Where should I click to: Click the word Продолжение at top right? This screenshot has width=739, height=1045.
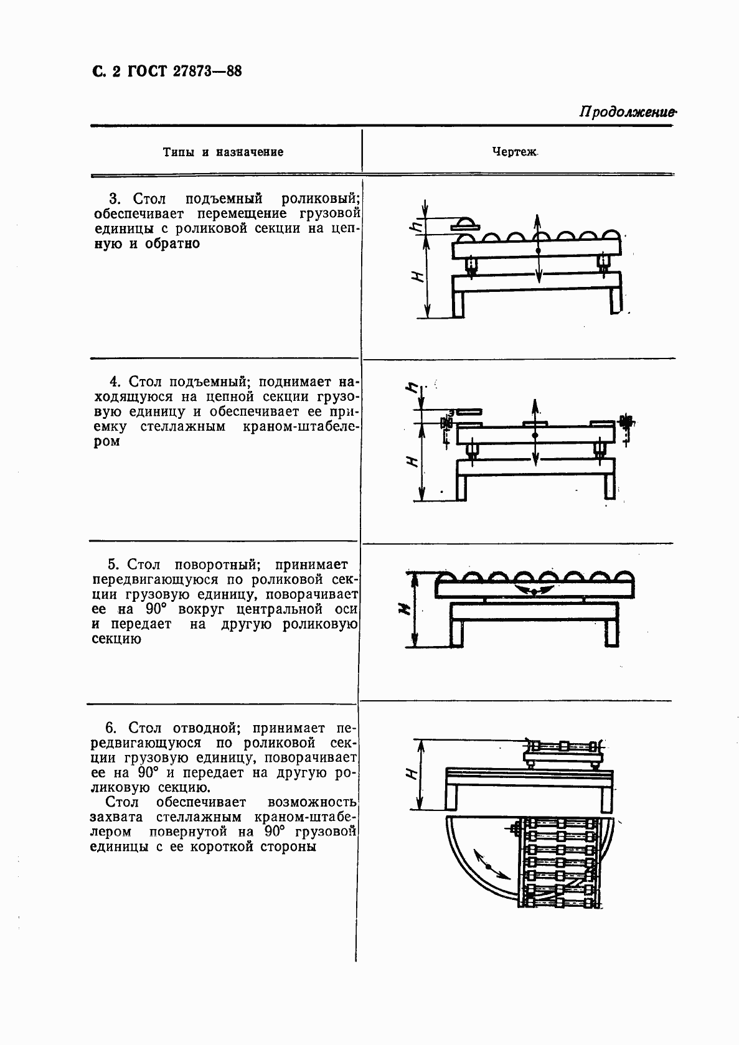pos(627,113)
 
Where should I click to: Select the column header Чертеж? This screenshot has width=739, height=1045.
pos(514,151)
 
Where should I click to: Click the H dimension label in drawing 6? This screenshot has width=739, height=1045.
pos(412,774)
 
